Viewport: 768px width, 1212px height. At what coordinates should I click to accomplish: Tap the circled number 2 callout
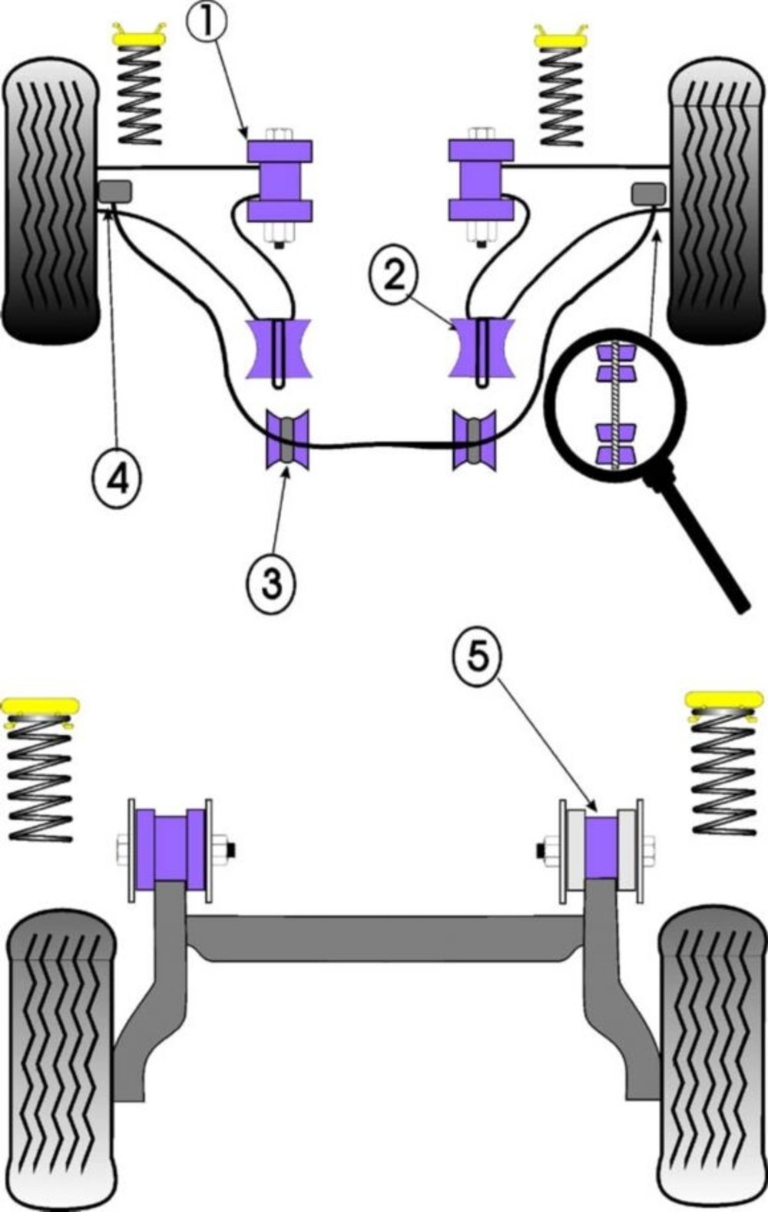click(x=394, y=276)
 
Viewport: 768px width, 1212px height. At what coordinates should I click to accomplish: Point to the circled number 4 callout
click(x=117, y=479)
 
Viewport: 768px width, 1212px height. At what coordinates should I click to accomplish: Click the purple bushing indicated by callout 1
click(x=280, y=180)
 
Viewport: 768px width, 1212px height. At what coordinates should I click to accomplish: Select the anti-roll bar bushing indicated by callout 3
click(x=286, y=440)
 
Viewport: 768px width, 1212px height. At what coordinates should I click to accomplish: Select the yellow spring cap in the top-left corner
click(x=141, y=37)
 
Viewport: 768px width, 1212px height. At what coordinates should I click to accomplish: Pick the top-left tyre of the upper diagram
click(x=51, y=204)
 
